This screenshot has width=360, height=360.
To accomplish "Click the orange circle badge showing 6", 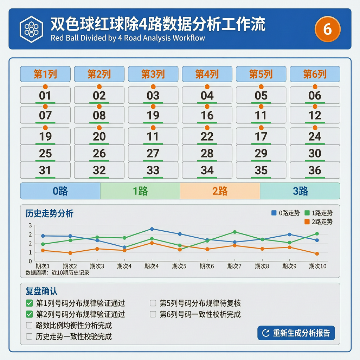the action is click(x=327, y=29).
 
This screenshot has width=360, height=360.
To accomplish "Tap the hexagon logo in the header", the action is click(x=31, y=29).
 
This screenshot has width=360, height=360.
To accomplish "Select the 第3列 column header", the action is click(x=153, y=74).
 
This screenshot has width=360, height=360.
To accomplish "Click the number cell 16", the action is click(x=207, y=115).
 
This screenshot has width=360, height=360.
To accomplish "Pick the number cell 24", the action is click(x=315, y=136).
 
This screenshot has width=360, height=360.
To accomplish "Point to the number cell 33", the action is click(x=153, y=170).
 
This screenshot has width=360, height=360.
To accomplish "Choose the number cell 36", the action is click(x=315, y=170).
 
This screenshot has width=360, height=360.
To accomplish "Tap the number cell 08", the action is click(x=99, y=115).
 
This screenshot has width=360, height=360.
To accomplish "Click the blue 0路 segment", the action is click(x=60, y=191).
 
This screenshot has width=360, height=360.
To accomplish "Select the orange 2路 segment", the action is click(x=220, y=191).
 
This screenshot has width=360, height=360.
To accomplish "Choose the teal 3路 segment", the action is click(x=300, y=191).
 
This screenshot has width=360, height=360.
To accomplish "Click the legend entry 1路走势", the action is click(x=319, y=213).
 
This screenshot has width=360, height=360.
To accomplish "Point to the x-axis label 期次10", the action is click(x=317, y=266).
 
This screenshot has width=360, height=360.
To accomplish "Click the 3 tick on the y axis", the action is click(x=30, y=225).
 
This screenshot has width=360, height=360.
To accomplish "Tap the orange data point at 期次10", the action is click(x=317, y=254).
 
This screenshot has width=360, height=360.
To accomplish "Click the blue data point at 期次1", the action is click(x=43, y=236).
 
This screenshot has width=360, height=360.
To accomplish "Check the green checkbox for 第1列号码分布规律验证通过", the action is click(x=29, y=303).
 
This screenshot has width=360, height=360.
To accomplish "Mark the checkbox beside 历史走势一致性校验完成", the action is click(x=29, y=336).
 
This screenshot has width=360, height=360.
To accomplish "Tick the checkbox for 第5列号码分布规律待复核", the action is click(x=153, y=303).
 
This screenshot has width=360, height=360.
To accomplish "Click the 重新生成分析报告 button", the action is click(x=296, y=333).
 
